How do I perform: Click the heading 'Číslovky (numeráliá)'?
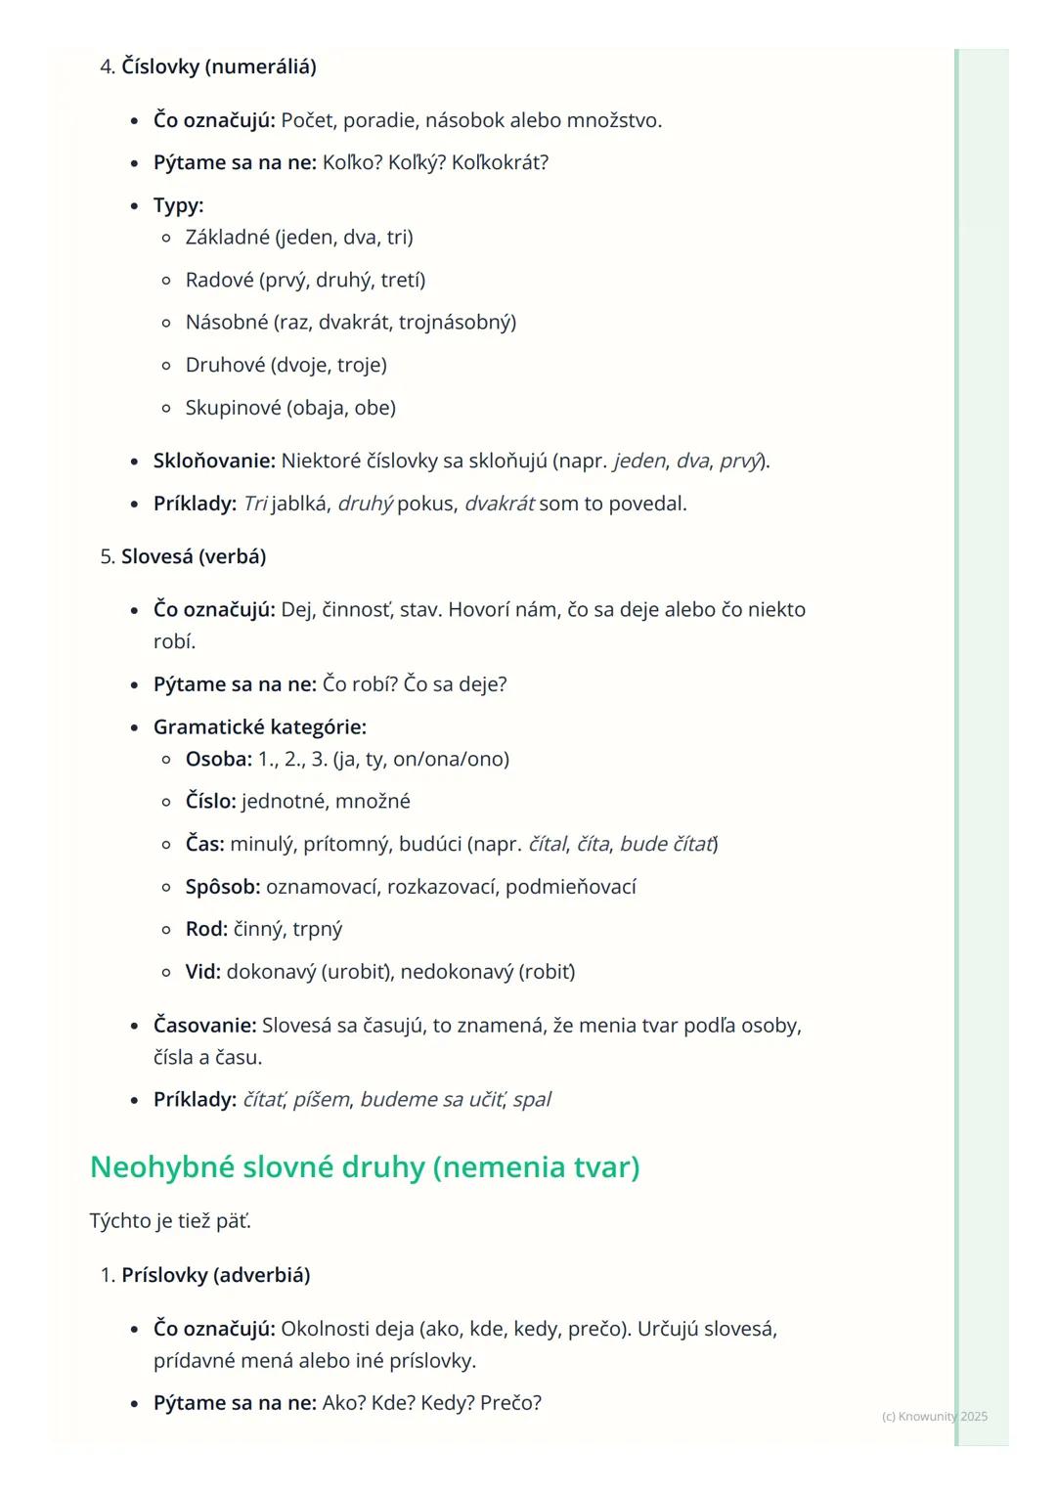[x=218, y=66]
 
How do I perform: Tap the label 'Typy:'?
[x=178, y=205]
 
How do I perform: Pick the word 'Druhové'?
[x=225, y=365]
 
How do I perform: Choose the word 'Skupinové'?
[x=233, y=407]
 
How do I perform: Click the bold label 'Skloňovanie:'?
[x=214, y=461]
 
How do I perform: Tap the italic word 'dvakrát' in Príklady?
[x=499, y=504]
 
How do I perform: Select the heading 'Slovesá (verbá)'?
[x=194, y=556]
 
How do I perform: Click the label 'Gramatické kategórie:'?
[x=260, y=726]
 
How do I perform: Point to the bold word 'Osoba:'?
[x=219, y=759]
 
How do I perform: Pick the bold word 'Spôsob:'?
[x=223, y=887]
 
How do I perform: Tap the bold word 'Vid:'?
[x=203, y=972]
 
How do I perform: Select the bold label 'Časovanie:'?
[x=204, y=1026]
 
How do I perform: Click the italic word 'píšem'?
[x=321, y=1099]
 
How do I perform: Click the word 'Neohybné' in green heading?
[x=162, y=1166]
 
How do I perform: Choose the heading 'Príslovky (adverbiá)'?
[x=215, y=1275]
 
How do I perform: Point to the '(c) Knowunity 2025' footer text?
[x=934, y=1416]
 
